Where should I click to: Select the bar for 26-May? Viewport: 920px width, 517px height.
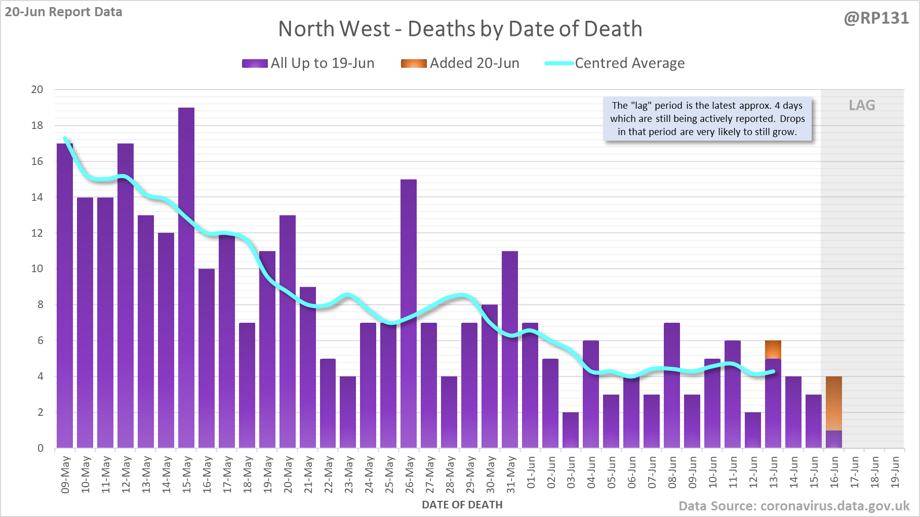coord(409,314)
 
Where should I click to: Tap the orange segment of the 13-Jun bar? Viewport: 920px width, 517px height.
coord(773,350)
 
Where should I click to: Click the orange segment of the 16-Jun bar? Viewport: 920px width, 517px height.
coord(834,403)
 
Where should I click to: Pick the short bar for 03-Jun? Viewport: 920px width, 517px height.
coord(571,430)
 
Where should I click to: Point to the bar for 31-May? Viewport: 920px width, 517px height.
coord(510,349)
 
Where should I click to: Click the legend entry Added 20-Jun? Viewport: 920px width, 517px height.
coord(460,63)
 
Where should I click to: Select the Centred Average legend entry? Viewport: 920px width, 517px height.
coord(615,63)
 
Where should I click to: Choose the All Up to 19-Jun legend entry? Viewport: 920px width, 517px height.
coord(308,63)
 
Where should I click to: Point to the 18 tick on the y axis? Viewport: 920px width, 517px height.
coord(37,125)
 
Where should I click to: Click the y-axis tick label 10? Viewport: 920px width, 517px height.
coord(37,269)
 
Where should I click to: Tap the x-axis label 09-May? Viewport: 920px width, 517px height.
coord(65,475)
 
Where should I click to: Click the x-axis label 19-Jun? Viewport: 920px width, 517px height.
coord(895,472)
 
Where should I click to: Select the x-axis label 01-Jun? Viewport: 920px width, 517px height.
coord(531,472)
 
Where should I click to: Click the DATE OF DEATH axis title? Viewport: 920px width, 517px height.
coord(462,505)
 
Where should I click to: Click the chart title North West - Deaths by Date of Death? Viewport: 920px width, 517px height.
coord(460,29)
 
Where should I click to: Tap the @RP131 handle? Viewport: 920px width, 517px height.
coord(876,18)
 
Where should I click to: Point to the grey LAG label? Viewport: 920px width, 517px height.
coord(862,105)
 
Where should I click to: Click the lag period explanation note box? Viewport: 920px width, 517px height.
coord(707,119)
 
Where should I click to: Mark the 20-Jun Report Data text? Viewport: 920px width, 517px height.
coord(64,12)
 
